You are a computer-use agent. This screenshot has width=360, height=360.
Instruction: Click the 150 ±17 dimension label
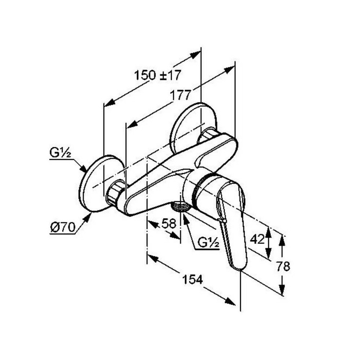[x=158, y=75]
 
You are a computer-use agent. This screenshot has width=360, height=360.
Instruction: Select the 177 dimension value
[x=180, y=95]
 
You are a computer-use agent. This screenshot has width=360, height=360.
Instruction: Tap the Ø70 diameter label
[x=63, y=228]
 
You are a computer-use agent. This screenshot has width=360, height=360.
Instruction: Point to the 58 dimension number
[x=169, y=224]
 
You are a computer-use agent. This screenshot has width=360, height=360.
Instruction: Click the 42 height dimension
[x=257, y=239]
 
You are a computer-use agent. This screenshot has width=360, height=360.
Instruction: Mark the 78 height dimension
[x=283, y=266]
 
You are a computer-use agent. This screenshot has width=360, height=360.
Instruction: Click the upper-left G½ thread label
[x=60, y=153]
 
